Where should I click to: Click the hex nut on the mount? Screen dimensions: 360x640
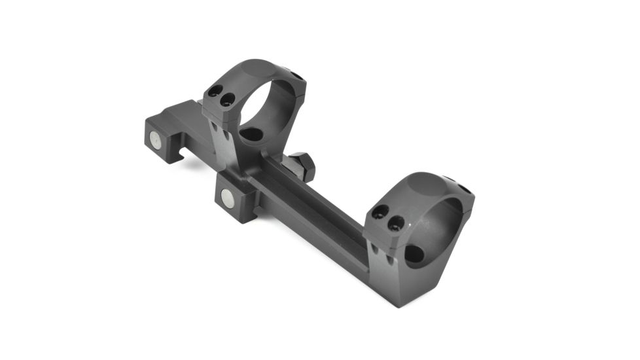(302, 166)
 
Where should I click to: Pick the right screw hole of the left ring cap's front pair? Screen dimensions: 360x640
(228, 100)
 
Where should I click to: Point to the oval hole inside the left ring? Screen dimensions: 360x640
(251, 134)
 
